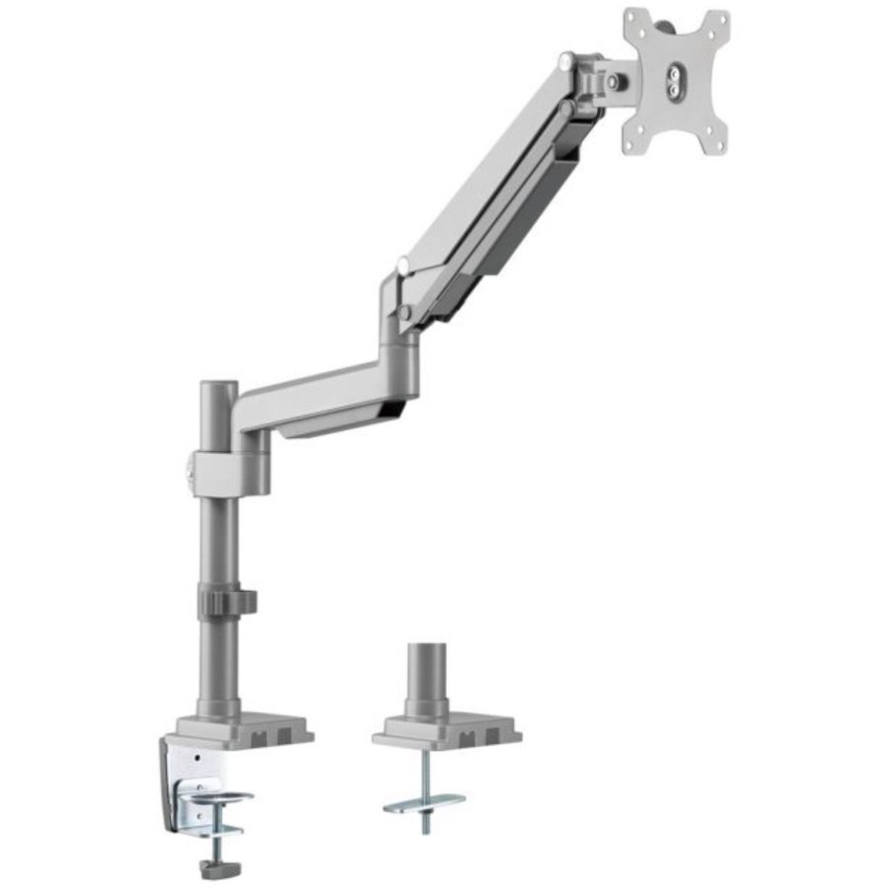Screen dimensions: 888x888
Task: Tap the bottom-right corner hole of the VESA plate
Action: [x=713, y=144]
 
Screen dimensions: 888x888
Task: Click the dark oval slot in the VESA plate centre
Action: [x=674, y=80]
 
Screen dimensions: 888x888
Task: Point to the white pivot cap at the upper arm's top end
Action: [x=566, y=61]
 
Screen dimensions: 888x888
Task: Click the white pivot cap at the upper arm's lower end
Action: [x=403, y=264]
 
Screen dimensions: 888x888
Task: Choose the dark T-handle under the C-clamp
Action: [x=212, y=867]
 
